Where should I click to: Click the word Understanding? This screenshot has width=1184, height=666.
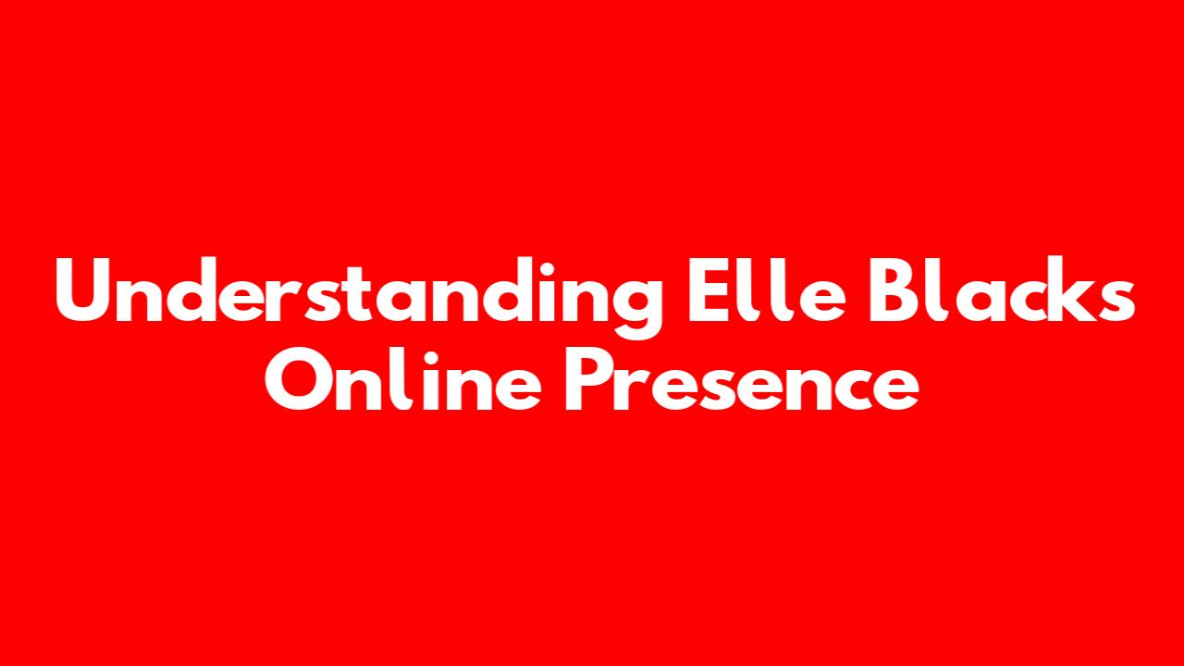click(359, 297)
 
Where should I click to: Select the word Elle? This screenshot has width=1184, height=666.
click(767, 290)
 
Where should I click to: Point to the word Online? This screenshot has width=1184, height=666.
click(402, 378)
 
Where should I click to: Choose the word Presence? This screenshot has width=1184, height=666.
click(742, 379)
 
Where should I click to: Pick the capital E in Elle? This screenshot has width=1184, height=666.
click(709, 290)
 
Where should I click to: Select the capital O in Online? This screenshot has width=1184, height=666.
click(298, 379)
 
